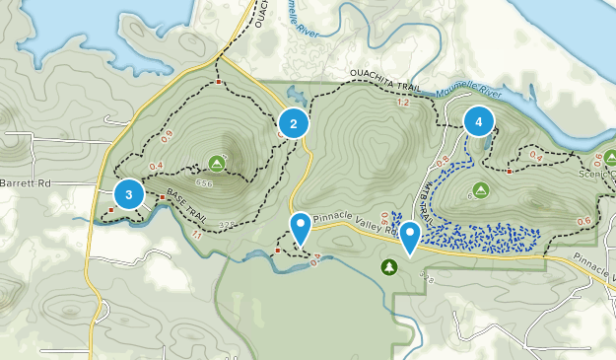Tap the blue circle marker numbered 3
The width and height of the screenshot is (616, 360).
(129, 193)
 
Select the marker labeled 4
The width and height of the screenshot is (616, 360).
(479, 121)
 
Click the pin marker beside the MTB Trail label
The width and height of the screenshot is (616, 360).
(409, 235)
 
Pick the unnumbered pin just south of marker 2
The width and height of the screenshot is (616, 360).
(301, 228)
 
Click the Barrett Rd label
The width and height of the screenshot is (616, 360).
(26, 182)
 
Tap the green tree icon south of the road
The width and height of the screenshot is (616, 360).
(390, 267)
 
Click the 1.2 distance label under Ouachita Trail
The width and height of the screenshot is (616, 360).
(401, 104)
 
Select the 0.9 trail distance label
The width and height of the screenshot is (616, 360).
(166, 135)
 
